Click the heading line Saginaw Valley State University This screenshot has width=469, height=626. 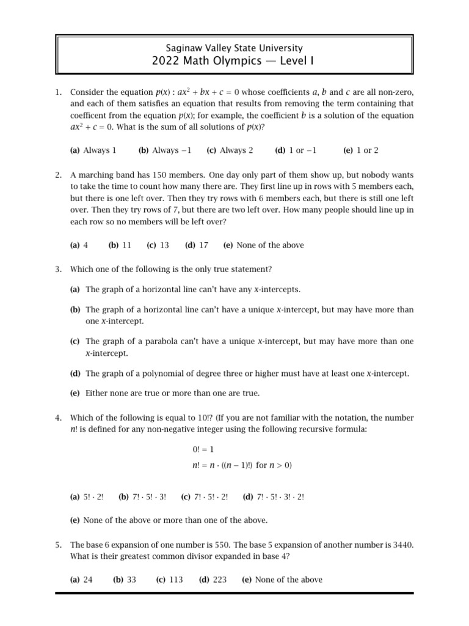(234, 47)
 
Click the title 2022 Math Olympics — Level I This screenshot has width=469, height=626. (234, 61)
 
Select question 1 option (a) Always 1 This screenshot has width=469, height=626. (93, 150)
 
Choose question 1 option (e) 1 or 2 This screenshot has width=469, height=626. (361, 150)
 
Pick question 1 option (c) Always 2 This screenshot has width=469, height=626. (230, 150)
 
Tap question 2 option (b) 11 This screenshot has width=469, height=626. (120, 245)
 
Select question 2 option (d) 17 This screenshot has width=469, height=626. (197, 245)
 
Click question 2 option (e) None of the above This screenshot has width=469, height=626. (263, 245)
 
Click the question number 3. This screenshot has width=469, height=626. (58, 269)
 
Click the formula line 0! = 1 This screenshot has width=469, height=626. (203, 449)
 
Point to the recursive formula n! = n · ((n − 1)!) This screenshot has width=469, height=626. (242, 465)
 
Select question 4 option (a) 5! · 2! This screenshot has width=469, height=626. (87, 497)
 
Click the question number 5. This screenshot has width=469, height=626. (58, 544)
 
